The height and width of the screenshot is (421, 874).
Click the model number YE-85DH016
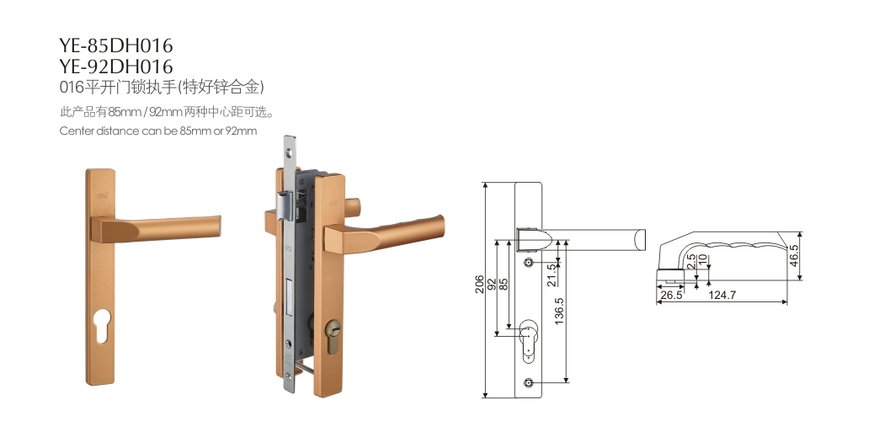[116, 45]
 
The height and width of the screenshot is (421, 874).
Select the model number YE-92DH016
[116, 67]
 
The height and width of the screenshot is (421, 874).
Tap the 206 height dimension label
[479, 285]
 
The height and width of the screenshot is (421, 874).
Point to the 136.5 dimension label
[560, 310]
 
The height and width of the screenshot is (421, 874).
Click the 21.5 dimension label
[552, 274]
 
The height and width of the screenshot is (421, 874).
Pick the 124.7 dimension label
[722, 296]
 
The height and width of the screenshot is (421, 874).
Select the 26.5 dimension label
[671, 296]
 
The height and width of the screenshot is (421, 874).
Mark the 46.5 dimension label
[794, 256]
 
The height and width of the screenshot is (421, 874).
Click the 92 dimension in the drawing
[492, 285]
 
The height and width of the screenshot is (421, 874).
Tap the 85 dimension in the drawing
[504, 285]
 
